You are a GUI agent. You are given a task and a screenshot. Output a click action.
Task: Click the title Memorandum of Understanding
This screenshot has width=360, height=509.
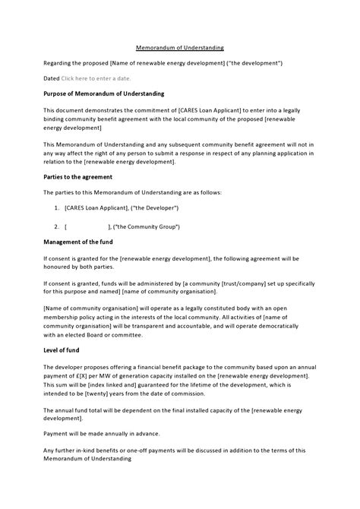pyautogui.click(x=179, y=47)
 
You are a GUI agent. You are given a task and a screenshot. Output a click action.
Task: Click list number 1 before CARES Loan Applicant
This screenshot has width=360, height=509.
pyautogui.click(x=57, y=208)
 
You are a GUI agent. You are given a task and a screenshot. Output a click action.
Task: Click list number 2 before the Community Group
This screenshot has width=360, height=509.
pyautogui.click(x=57, y=226)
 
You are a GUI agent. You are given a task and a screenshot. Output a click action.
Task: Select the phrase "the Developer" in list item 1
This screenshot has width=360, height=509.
pyautogui.click(x=156, y=208)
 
